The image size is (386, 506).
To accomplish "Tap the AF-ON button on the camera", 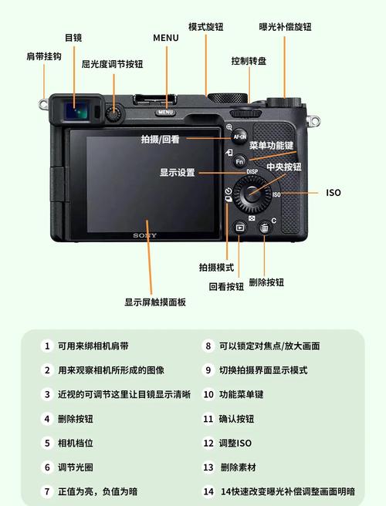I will pyautogui.click(x=240, y=136).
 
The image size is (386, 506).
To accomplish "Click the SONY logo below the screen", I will pyautogui.click(x=144, y=235).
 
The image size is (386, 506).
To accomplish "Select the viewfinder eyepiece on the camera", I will pyautogui.click(x=75, y=110).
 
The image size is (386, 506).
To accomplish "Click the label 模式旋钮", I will pyautogui.click(x=206, y=27).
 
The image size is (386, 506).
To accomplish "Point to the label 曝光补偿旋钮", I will pyautogui.click(x=285, y=27).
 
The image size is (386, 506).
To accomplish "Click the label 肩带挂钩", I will pyautogui.click(x=43, y=56).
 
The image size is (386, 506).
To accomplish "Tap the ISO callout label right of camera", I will pyautogui.click(x=333, y=193).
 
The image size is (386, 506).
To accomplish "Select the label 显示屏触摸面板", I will pyautogui.click(x=155, y=302).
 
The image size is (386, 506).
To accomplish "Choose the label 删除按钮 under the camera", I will pyautogui.click(x=266, y=282).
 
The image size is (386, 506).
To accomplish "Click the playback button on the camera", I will pyautogui.click(x=240, y=228).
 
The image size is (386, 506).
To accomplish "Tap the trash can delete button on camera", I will pyautogui.click(x=264, y=228).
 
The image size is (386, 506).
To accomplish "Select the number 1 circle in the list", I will pyautogui.click(x=47, y=346).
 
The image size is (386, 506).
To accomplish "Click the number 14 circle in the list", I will pyautogui.click(x=208, y=491).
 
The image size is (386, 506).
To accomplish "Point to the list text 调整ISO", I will pyautogui.click(x=235, y=443).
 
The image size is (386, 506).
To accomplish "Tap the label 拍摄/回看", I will pyautogui.click(x=161, y=140).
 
